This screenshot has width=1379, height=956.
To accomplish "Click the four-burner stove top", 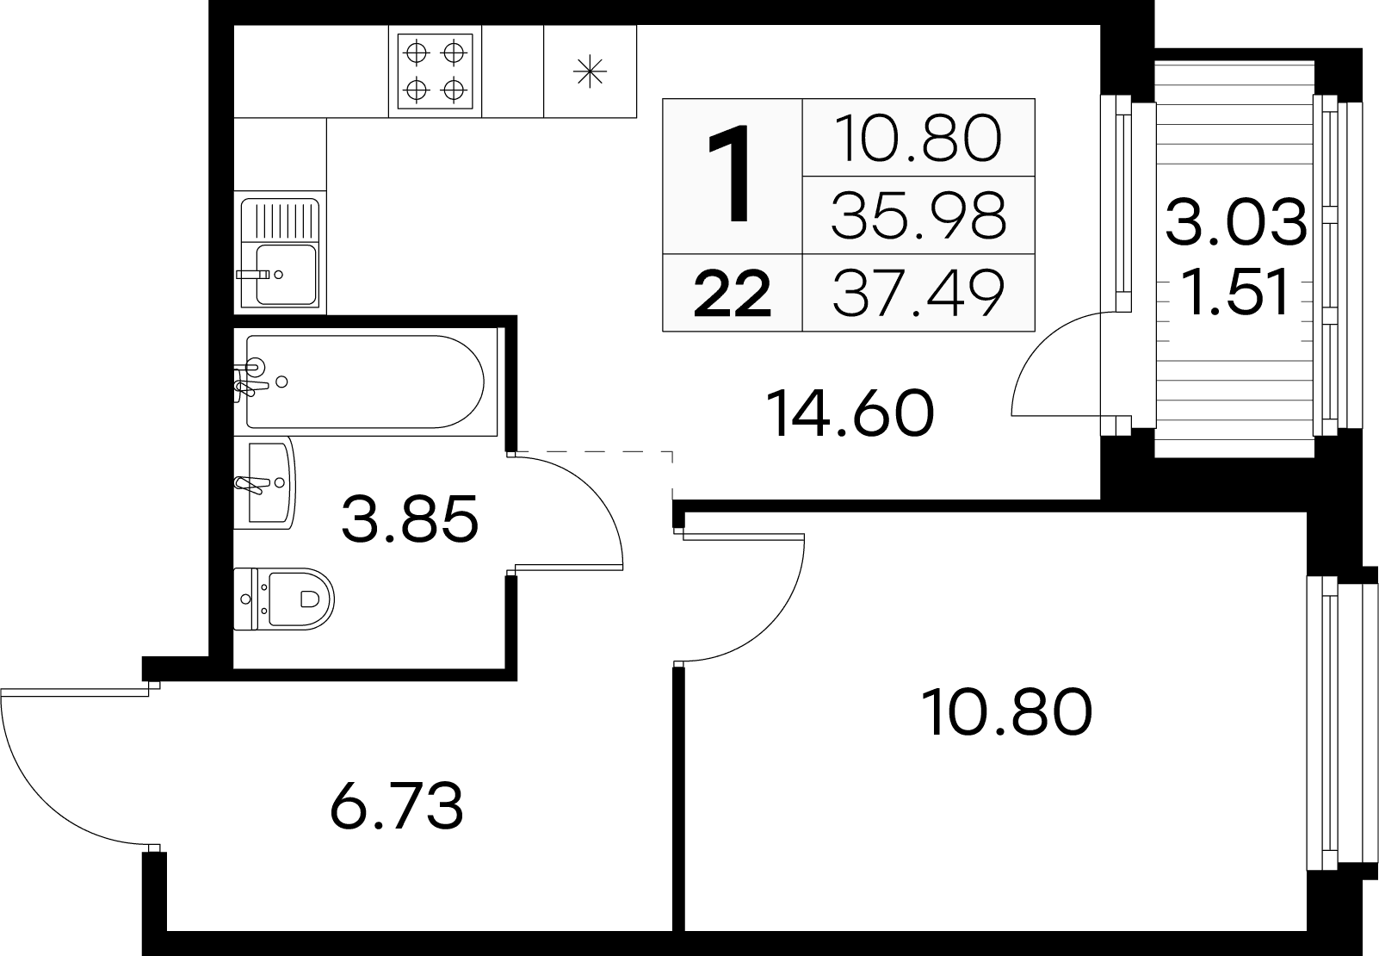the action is coord(436,71).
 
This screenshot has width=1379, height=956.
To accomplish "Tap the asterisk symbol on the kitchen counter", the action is coord(590,71).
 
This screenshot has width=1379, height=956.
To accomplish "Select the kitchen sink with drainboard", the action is coord(280,252).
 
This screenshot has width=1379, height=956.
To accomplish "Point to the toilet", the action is coord(284,599).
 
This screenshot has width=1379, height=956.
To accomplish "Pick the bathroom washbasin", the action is coord(265,483).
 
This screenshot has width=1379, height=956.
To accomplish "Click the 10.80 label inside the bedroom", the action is coord(1006,712).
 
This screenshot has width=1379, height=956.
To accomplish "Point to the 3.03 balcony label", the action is coord(1235,221).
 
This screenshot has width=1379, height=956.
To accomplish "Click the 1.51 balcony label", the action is coord(1235,291).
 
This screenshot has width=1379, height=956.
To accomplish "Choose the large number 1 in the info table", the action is coord(732,173).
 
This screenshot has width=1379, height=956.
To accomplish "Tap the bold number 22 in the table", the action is coord(732,295).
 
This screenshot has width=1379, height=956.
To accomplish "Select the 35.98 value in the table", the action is coord(918,215).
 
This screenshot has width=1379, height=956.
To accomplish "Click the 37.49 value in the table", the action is coord(918,294).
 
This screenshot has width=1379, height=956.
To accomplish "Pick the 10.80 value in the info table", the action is coord(918,138).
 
